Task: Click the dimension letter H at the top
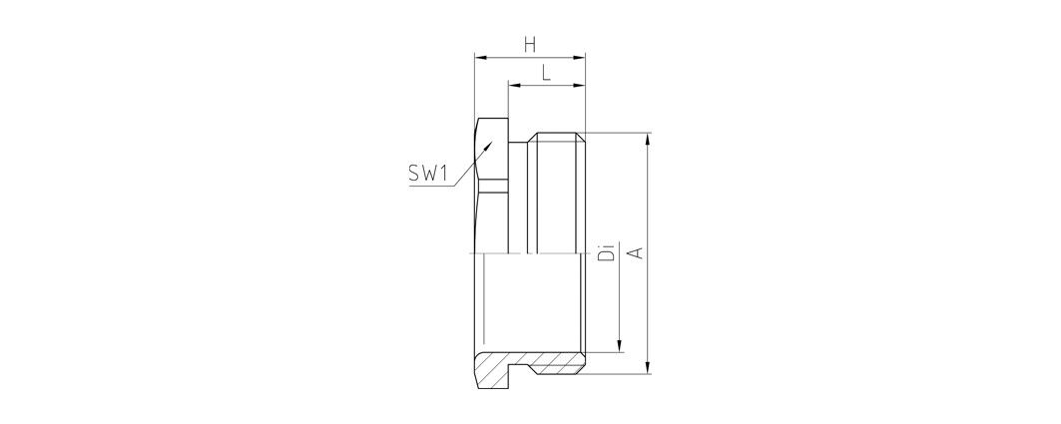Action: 530,45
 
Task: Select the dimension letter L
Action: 546,73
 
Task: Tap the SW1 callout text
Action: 428,175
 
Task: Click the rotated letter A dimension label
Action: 635,253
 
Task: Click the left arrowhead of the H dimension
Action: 480,58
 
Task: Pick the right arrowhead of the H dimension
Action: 579,58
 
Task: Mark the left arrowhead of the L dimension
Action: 514,85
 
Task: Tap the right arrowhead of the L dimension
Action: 579,85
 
